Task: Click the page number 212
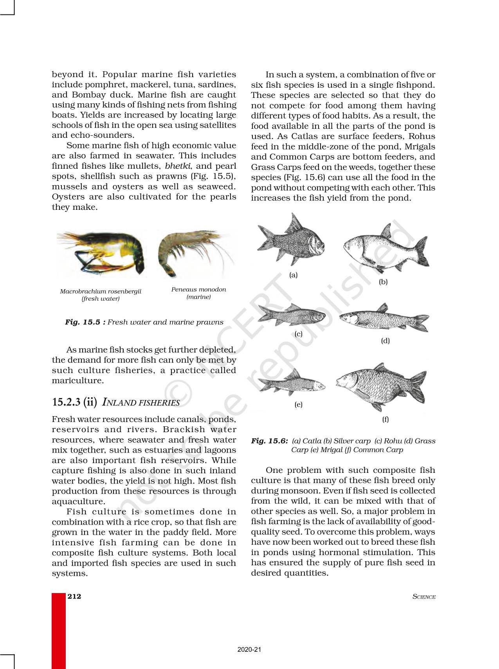pyautogui.click(x=74, y=596)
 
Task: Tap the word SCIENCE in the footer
pyautogui.click(x=424, y=597)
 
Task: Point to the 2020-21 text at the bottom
pyautogui.click(x=249, y=649)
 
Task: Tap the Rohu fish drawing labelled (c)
pyautogui.click(x=292, y=315)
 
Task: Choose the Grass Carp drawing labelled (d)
pyautogui.click(x=384, y=318)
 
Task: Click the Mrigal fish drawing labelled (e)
pyautogui.click(x=292, y=383)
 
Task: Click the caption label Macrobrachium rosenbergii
pyautogui.click(x=101, y=291)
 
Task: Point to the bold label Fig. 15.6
pyautogui.click(x=269, y=441)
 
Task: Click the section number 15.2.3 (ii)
pyautogui.click(x=74, y=402)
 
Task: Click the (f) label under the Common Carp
pyautogui.click(x=386, y=419)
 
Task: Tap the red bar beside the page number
pyautogui.click(x=59, y=630)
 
